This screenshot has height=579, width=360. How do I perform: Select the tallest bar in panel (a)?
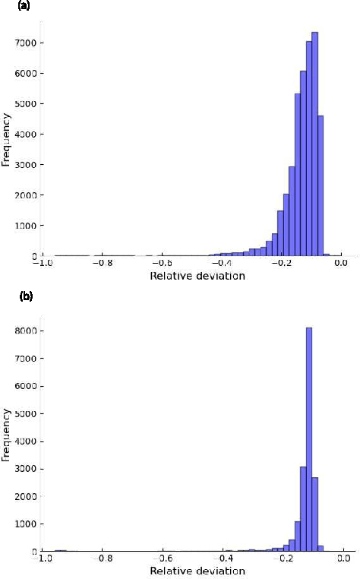coord(314,144)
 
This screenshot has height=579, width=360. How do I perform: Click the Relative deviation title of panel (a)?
coord(197,276)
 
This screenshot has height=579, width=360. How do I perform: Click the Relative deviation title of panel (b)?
coord(197,571)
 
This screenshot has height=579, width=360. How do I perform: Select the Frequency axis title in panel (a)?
coord(5,139)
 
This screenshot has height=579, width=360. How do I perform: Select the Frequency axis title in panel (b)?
coord(5,434)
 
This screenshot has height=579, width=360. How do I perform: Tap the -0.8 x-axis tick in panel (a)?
coord(103,264)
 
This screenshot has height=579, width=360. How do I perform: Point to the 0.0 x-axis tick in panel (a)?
coord(340,264)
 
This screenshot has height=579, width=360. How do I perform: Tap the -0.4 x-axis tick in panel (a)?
coord(221,264)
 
